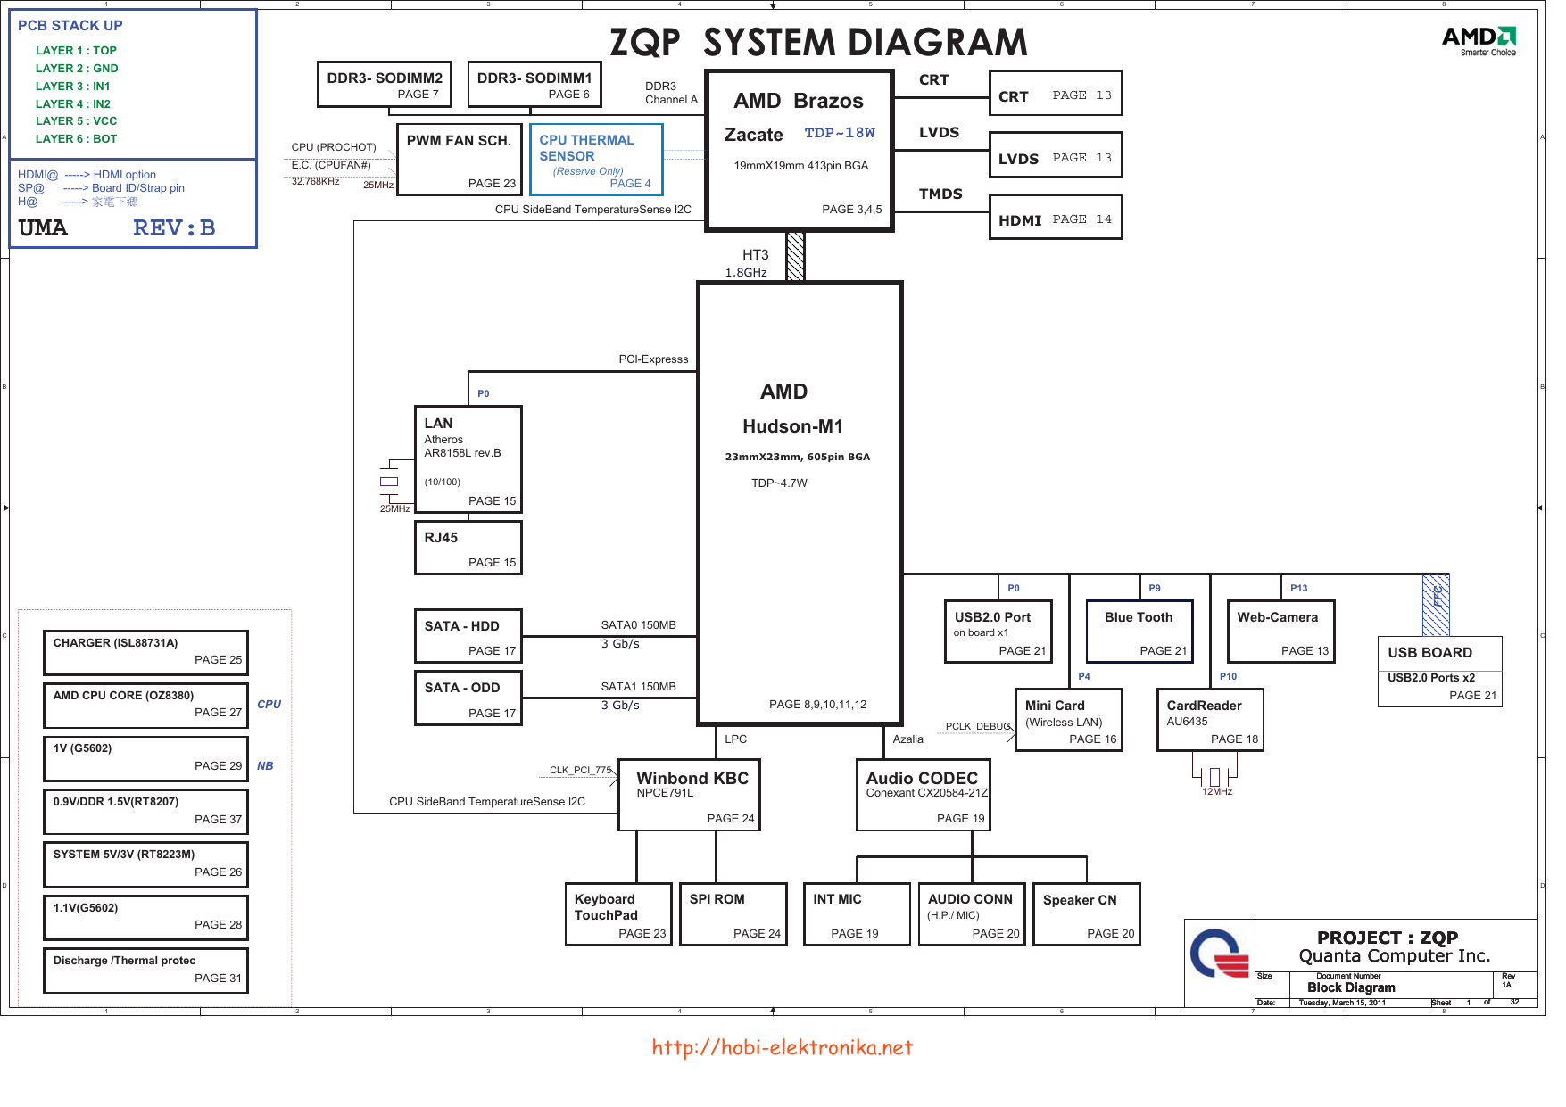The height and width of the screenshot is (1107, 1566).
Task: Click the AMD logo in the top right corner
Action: [1479, 39]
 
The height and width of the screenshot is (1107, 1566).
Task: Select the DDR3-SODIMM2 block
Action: [385, 85]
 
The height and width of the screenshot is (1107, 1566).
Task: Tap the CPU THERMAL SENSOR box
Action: [596, 159]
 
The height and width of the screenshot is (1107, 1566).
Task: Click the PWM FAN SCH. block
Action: [459, 159]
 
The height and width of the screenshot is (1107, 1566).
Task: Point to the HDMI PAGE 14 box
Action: [1056, 218]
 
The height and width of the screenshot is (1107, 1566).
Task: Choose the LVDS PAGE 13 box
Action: [1056, 155]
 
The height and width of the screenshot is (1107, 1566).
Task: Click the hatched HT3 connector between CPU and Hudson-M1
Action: [795, 257]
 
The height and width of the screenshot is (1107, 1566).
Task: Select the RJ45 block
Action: [468, 548]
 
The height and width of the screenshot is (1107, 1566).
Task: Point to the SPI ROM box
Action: [733, 914]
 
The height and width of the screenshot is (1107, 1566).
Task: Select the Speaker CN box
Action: [1087, 914]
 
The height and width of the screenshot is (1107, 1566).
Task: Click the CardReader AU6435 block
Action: [1210, 720]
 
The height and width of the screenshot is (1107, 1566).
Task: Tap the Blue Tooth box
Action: [1139, 632]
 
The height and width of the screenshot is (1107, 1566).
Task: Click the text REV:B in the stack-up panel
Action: [174, 228]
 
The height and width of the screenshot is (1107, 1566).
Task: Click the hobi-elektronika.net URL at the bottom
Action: [782, 1047]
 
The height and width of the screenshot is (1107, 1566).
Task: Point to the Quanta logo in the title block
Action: [1219, 954]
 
